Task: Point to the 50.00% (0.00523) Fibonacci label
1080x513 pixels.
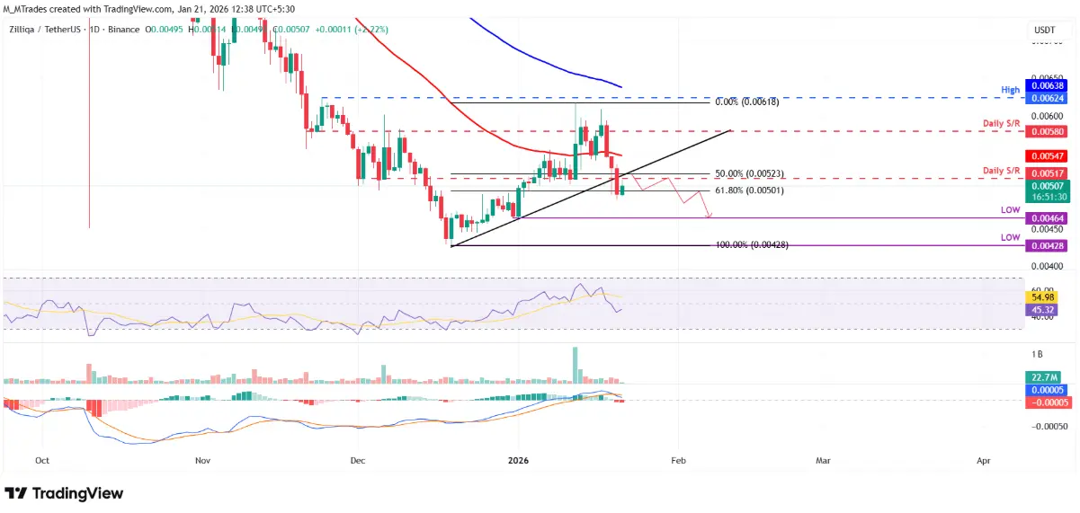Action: [748, 173]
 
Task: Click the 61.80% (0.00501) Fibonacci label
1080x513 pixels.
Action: [748, 190]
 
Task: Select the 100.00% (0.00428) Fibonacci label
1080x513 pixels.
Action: [751, 245]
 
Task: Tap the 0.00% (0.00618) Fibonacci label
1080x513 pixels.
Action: [746, 102]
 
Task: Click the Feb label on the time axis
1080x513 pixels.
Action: [678, 460]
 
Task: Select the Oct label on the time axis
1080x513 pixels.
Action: [41, 460]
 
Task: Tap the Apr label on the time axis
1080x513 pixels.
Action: [983, 460]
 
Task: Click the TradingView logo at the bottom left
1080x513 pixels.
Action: [64, 493]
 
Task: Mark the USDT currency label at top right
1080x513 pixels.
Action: [1043, 30]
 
